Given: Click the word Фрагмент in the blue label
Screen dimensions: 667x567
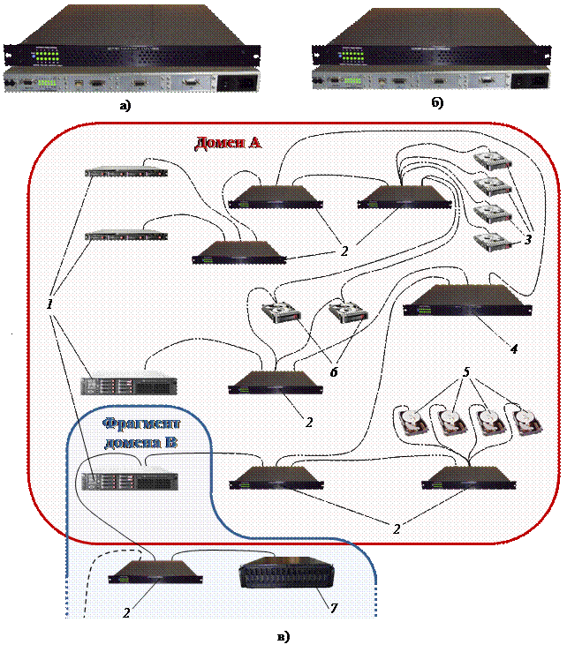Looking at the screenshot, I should tap(133, 423).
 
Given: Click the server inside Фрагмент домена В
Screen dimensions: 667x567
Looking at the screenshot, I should tap(129, 482).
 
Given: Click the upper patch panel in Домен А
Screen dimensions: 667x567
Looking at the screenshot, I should tap(126, 173).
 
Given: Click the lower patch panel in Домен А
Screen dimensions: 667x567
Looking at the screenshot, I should tap(126, 236).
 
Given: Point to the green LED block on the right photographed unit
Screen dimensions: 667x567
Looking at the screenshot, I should tap(351, 55).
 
